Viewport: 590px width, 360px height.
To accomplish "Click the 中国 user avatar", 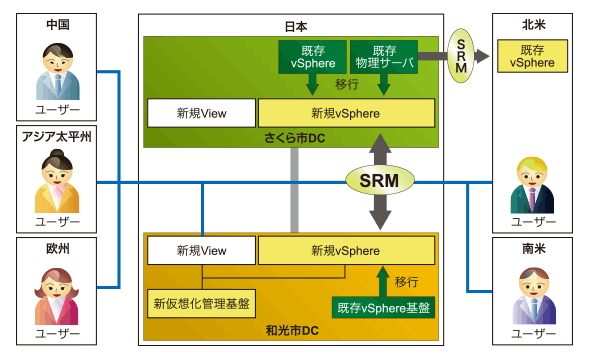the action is [58, 71].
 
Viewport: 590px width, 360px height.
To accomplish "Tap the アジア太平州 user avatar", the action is [57, 181].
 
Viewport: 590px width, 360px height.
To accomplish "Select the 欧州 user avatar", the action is [57, 296].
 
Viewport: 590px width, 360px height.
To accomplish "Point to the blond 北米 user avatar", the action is [532, 185].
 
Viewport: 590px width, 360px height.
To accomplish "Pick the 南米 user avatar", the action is [534, 296].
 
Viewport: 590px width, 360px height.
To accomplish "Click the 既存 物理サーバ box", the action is [384, 57].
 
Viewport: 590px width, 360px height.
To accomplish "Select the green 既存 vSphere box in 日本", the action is [312, 57].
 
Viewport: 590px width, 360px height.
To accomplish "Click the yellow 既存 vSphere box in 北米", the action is [532, 56].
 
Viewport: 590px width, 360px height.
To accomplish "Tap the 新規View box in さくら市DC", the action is [201, 113].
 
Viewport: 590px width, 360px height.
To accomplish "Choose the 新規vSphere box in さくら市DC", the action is [346, 113].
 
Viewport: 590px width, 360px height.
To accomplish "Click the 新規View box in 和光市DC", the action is [201, 251].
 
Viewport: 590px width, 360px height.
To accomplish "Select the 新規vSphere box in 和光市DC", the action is [346, 251].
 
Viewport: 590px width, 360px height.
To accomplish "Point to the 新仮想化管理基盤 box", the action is [201, 304].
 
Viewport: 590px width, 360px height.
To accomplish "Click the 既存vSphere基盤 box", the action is [383, 308].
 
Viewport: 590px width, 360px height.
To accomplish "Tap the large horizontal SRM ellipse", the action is [380, 181].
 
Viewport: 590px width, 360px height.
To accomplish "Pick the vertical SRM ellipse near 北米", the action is [461, 56].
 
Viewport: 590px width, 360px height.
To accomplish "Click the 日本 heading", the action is [296, 26].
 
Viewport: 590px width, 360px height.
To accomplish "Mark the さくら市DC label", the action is [295, 138].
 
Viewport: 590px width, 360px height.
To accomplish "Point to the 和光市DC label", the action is [292, 330].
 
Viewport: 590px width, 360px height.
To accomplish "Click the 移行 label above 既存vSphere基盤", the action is [406, 281].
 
